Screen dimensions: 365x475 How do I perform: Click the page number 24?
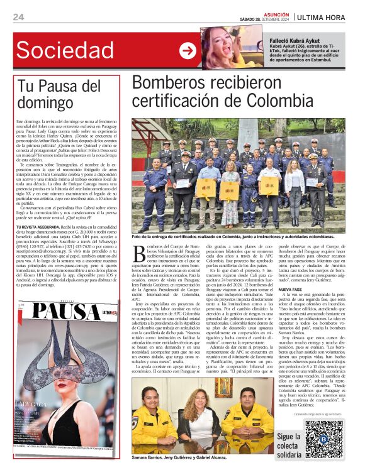point(18,17)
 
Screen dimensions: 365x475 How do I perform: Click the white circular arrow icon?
point(187,50)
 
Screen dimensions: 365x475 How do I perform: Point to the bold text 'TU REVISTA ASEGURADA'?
point(41,226)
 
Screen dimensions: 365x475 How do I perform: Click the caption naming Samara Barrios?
point(179,458)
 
